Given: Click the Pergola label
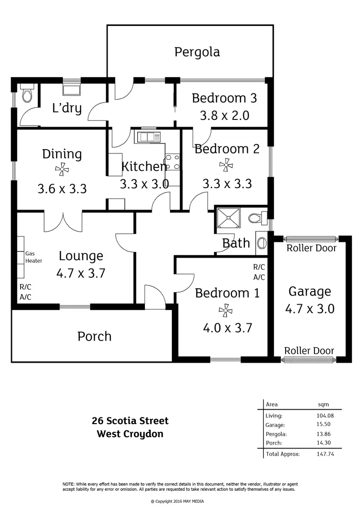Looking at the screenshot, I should click(x=197, y=52).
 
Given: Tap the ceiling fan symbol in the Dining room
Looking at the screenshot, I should click(x=62, y=168).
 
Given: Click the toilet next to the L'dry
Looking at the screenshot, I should click(x=27, y=93).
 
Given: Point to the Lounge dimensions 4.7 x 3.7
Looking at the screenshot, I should click(x=81, y=273).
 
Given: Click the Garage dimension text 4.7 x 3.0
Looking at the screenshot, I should click(x=310, y=308).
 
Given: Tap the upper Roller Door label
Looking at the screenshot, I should click(x=311, y=248).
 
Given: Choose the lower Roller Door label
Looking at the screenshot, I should click(x=309, y=351).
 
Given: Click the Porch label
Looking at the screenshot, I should click(x=95, y=336).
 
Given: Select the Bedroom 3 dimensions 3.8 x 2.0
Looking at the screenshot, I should click(x=224, y=115).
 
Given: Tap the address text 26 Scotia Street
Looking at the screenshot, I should click(x=130, y=421).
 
